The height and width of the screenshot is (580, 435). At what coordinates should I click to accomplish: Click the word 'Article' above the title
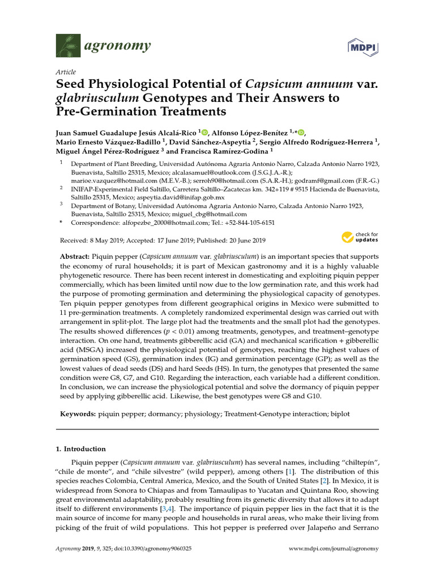[x=66, y=72]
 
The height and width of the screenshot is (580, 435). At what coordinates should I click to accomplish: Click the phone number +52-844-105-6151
[x=246, y=223]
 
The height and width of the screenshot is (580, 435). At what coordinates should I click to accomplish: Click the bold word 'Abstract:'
[x=75, y=257]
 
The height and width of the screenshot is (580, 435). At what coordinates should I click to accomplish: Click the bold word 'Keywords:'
[x=78, y=415]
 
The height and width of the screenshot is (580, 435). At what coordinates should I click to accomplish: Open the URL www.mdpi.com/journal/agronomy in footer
[x=334, y=549]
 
